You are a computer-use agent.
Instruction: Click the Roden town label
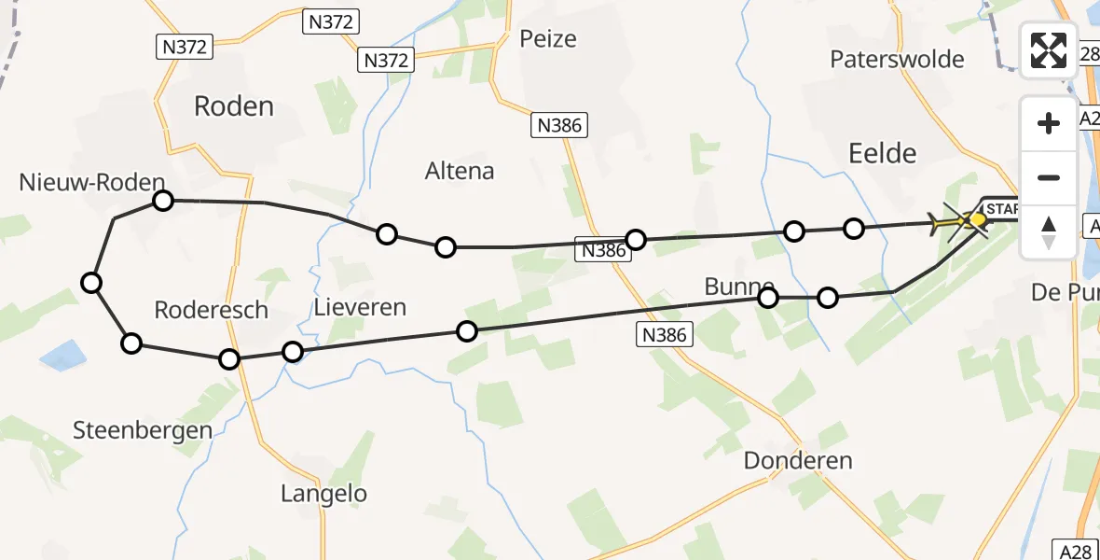(x=234, y=106)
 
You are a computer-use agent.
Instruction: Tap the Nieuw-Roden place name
(x=91, y=183)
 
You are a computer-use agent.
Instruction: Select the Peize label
(x=548, y=39)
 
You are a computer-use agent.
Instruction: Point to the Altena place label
(x=460, y=172)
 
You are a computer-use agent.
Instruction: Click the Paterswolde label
(x=897, y=60)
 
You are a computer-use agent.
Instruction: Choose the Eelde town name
(x=883, y=153)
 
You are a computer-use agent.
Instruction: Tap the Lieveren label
(x=360, y=307)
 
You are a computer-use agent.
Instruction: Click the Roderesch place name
(x=212, y=311)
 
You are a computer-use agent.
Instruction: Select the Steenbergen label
(x=143, y=430)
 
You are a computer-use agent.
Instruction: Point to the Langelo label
(x=323, y=494)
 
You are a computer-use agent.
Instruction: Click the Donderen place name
(x=798, y=461)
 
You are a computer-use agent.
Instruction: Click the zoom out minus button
(x=1049, y=177)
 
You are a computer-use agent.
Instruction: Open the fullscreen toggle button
(x=1049, y=50)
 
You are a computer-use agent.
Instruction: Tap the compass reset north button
(x=1049, y=231)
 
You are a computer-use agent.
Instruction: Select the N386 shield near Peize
(x=559, y=126)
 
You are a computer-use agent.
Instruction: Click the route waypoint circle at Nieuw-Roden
(x=163, y=201)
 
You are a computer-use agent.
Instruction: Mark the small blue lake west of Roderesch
(x=62, y=355)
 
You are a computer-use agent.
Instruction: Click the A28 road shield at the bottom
(x=1076, y=552)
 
